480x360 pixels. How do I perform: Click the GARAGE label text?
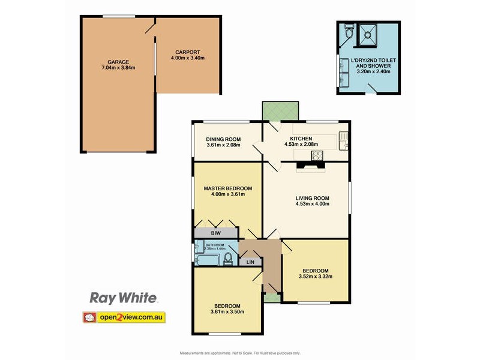118,62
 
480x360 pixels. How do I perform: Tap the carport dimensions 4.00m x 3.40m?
188,58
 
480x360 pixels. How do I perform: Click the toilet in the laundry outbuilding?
349,34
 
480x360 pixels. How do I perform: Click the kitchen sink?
344,140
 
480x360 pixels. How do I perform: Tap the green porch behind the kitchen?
280,110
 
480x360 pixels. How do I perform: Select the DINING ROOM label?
223,138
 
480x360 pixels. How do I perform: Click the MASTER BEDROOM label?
227,188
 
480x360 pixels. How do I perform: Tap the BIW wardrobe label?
215,232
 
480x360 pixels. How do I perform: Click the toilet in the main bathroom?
228,258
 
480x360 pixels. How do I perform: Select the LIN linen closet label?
250,262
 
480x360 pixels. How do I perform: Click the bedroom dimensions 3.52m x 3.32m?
315,277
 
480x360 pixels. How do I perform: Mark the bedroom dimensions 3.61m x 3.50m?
227,311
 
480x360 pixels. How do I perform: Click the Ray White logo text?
123,298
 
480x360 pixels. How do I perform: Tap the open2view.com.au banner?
124,317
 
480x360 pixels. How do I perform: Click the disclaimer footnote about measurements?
239,353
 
